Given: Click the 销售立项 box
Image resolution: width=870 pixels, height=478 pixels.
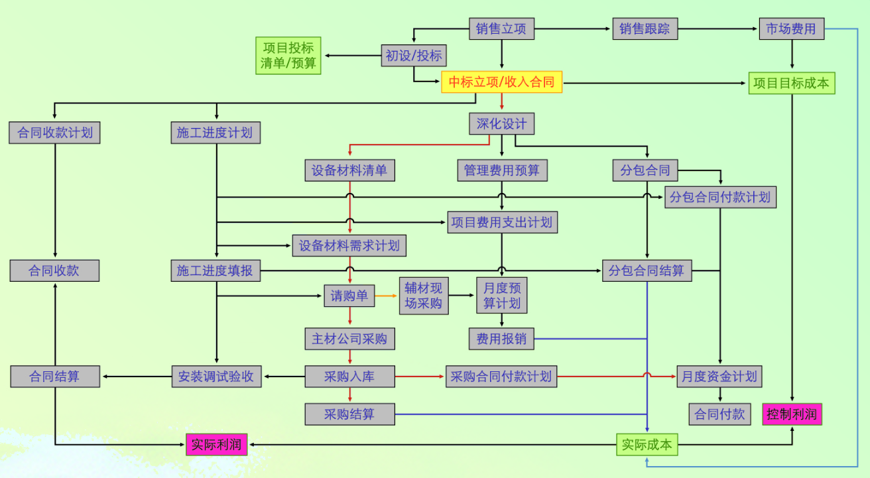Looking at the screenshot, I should pyautogui.click(x=501, y=29).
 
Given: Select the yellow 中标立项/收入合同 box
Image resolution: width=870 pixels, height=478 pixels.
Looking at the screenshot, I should pyautogui.click(x=501, y=82).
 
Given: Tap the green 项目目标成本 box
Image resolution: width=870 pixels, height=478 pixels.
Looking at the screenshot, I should pyautogui.click(x=791, y=84).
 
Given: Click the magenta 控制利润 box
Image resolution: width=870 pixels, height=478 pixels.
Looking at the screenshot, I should pyautogui.click(x=792, y=415).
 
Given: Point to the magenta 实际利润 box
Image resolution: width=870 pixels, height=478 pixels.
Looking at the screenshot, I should pyautogui.click(x=216, y=444).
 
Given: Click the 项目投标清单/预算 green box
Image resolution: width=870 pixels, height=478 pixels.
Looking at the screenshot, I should pyautogui.click(x=288, y=56).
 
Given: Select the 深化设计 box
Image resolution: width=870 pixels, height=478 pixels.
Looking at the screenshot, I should pyautogui.click(x=501, y=124).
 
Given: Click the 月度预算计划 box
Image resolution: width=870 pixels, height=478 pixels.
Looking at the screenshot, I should pyautogui.click(x=501, y=296).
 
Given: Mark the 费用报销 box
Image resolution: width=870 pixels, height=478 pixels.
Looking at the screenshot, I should pyautogui.click(x=501, y=338).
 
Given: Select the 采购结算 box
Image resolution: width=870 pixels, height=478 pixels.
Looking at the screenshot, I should pyautogui.click(x=349, y=414).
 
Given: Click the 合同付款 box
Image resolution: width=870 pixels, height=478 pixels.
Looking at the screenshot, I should pyautogui.click(x=719, y=415).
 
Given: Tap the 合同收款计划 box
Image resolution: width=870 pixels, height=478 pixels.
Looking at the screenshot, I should pyautogui.click(x=54, y=133).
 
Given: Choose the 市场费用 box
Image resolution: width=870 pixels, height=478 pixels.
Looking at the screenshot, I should pyautogui.click(x=791, y=29).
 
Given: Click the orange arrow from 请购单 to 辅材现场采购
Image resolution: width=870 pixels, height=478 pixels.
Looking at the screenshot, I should pyautogui.click(x=387, y=296).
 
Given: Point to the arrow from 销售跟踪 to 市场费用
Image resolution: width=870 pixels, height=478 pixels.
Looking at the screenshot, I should pyautogui.click(x=719, y=29).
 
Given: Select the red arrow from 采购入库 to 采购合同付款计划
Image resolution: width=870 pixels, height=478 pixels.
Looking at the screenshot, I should pyautogui.click(x=420, y=377).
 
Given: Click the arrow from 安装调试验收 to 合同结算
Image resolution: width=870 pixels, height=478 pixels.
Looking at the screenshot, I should pyautogui.click(x=136, y=377).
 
